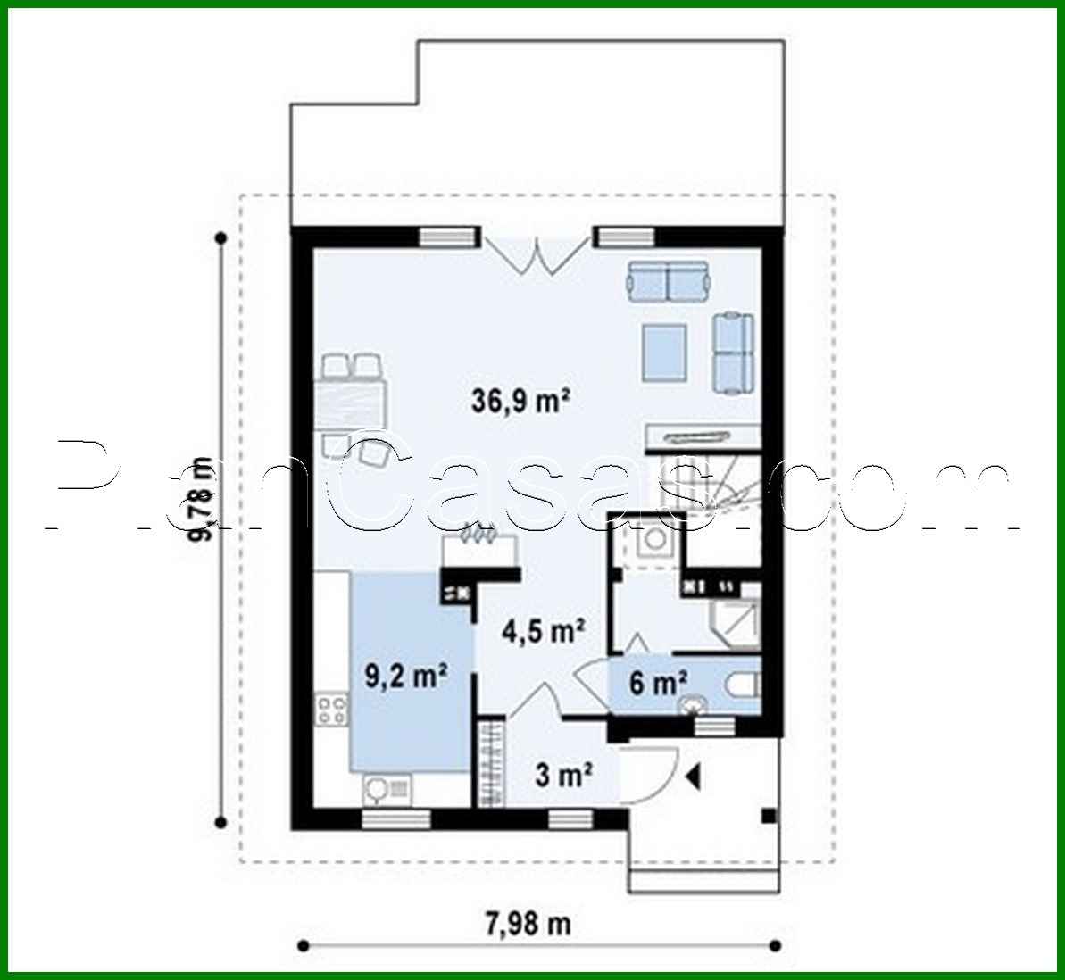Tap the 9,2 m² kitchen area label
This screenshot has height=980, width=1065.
[x=406, y=676]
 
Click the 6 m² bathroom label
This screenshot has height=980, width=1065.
[x=658, y=684]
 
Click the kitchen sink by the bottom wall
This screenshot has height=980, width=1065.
[x=386, y=789]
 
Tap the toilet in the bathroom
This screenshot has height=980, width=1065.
[x=740, y=685]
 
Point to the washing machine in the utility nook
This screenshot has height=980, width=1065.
[x=653, y=539]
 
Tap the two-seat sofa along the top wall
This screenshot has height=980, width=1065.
[x=668, y=281]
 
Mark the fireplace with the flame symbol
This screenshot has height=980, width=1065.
[x=482, y=544]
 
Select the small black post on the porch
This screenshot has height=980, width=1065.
[x=766, y=815]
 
